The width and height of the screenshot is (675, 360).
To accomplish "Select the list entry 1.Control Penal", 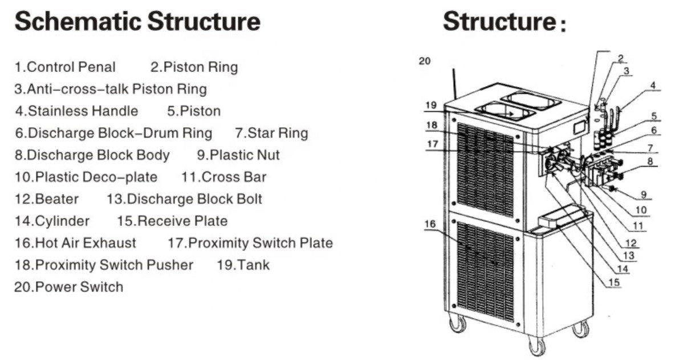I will [65, 67].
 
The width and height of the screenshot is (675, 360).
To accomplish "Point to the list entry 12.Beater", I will [47, 199].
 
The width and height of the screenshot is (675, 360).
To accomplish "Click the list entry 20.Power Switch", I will [68, 287].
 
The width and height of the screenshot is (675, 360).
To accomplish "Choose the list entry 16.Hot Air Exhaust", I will [75, 243].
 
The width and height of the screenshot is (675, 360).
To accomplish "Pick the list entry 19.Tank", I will [243, 265].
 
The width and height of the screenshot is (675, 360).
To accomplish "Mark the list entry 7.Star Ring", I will [271, 134].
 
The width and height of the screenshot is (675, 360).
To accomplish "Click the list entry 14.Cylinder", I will [52, 221].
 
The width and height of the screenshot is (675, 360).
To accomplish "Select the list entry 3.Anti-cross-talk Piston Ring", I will [111, 90].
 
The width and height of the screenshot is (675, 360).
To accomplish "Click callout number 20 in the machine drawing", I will [425, 61].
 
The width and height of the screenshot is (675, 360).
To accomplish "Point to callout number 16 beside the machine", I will [430, 224].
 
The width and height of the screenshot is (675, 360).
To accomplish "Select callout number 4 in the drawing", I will [653, 86].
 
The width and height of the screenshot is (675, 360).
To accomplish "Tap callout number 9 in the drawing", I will [643, 194].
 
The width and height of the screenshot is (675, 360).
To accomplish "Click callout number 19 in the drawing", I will [430, 105].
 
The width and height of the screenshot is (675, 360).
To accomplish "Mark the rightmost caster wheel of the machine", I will [580, 329].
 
